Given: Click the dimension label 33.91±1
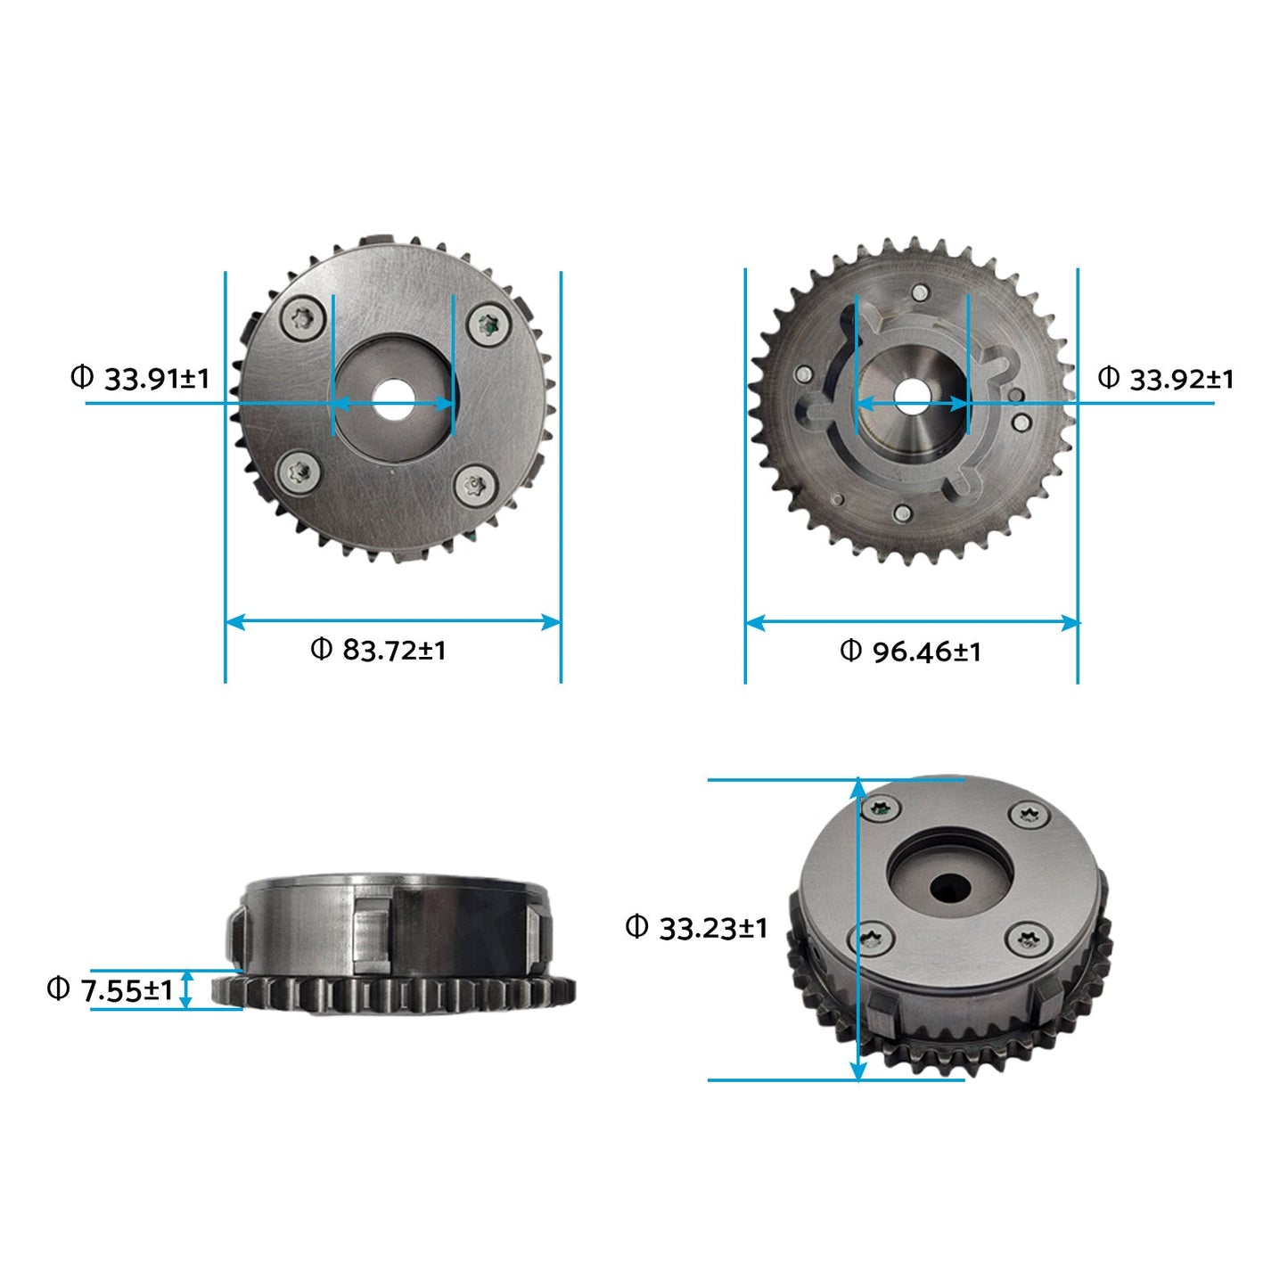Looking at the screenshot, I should [156, 379].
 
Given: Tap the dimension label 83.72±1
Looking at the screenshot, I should [393, 650].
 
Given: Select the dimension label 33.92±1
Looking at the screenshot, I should [1181, 380].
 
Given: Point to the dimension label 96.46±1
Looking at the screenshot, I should [926, 652].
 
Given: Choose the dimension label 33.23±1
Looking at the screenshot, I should [712, 928].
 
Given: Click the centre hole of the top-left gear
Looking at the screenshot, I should [393, 400].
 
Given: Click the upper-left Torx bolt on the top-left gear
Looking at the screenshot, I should [303, 318].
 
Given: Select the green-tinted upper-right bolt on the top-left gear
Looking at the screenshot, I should [488, 324].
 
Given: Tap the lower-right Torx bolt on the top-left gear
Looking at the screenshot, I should [473, 486].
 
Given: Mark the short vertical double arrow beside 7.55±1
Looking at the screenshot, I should [185, 989].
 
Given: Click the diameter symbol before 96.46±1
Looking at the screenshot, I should [850, 651].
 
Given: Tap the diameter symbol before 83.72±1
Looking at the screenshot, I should [321, 649].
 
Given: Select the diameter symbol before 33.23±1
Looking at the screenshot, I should [636, 927].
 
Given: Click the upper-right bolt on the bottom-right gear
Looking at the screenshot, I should [1028, 814].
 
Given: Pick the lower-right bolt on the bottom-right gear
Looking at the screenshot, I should [1027, 939].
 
